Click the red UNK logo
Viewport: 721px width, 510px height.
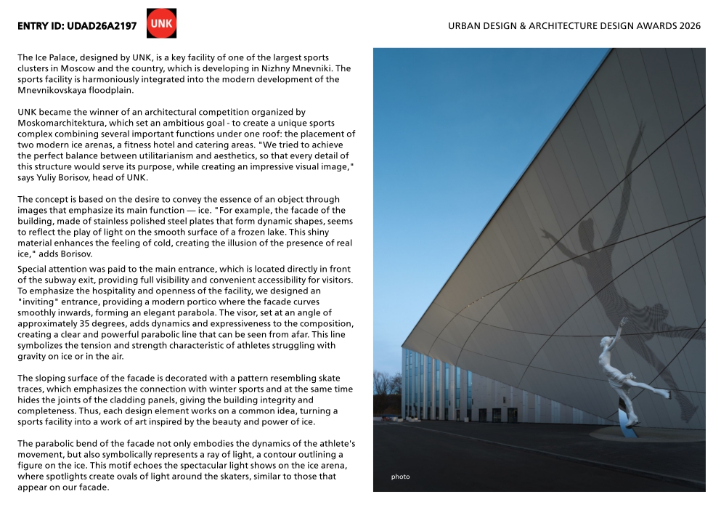click(161, 23)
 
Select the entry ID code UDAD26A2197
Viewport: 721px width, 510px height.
click(102, 26)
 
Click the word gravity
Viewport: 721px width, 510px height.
click(32, 357)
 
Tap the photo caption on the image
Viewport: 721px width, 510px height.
click(400, 477)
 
